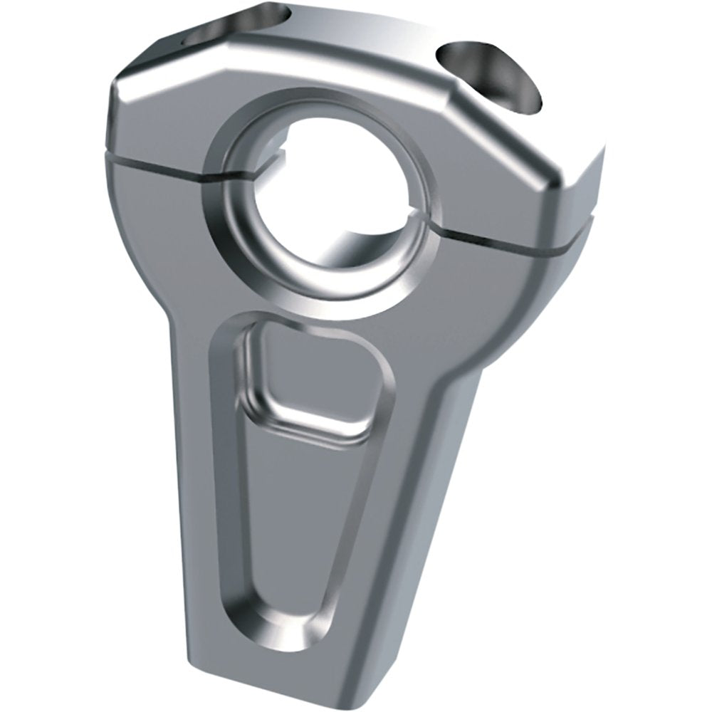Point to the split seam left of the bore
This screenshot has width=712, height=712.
(164, 165)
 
